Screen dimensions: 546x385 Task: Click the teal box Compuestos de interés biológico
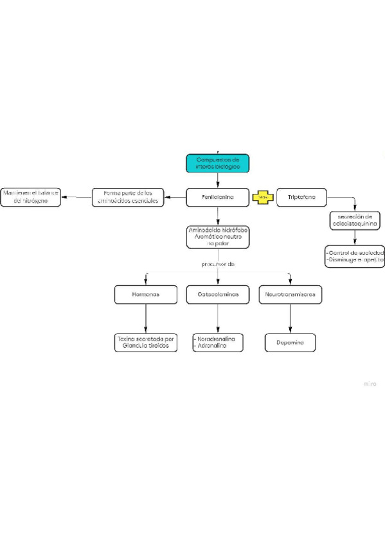217,164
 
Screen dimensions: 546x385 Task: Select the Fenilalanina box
217,197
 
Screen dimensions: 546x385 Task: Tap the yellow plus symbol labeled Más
262,197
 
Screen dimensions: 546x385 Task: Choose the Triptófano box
301,197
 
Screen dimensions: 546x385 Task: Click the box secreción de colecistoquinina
354,220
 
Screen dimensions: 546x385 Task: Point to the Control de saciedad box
354,256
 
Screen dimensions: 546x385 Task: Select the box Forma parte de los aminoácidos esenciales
127,196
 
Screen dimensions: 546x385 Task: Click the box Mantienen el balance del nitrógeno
30,197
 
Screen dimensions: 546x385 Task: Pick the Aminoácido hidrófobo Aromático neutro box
217,236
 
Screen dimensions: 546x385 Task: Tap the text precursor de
218,264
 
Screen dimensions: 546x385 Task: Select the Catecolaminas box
217,294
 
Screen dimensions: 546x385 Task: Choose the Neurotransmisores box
290,294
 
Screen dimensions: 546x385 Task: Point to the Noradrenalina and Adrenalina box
217,343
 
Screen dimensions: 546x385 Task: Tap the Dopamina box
290,343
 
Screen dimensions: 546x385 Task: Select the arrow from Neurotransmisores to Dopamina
290,318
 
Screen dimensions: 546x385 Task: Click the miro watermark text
370,384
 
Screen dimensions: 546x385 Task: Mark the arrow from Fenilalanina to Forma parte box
175,197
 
